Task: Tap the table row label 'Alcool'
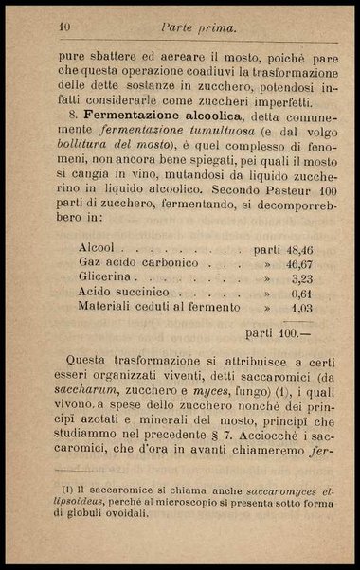coord(98,250)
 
